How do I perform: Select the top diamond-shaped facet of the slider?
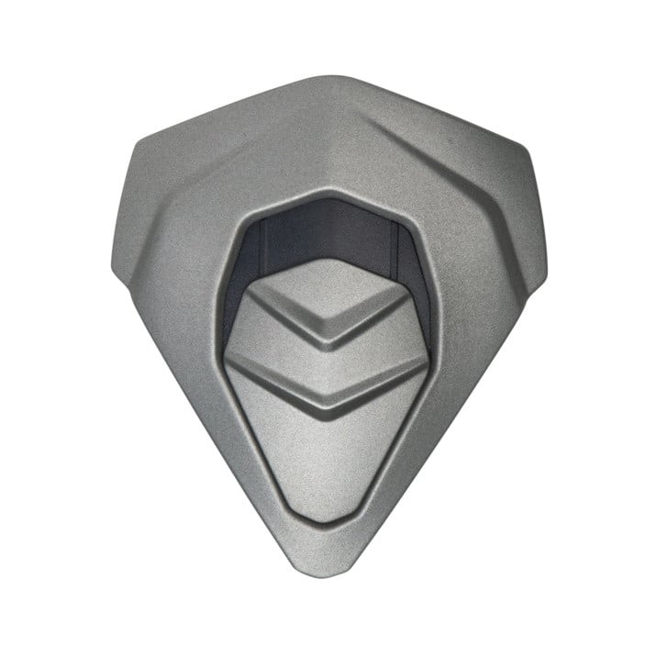tap(326, 292)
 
